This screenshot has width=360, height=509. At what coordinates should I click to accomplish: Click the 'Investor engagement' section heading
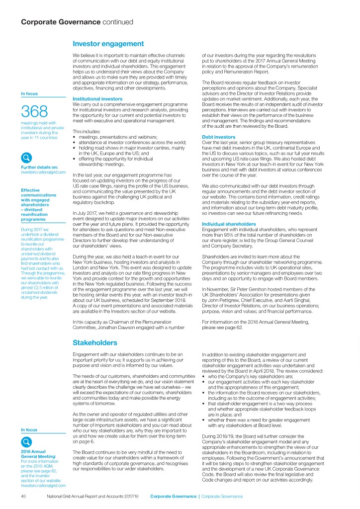108,44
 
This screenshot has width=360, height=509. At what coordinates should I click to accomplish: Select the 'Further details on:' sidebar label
37,168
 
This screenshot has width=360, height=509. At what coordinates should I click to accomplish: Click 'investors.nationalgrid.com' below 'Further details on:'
43,172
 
